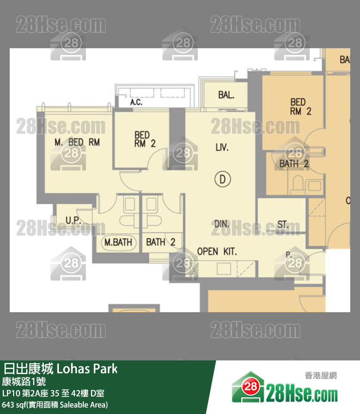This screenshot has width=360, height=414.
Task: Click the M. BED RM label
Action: (x=77, y=142)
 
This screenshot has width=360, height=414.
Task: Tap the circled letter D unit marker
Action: (x=222, y=180)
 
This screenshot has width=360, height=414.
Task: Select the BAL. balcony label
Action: (x=226, y=95)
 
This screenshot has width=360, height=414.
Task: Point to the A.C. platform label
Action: (x=136, y=102)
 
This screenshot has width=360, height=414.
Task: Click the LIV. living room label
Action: (x=222, y=147)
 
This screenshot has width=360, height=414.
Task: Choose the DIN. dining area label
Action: (x=221, y=224)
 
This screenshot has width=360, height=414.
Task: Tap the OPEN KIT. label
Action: (x=217, y=252)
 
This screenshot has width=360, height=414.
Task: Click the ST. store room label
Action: (x=283, y=225)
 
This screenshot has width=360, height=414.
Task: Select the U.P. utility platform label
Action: (x=73, y=220)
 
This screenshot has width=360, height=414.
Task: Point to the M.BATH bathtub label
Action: (x=118, y=242)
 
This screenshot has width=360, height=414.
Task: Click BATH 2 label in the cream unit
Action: (x=161, y=242)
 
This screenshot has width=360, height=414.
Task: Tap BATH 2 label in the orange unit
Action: (x=294, y=164)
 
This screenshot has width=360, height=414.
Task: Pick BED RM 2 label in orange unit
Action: (x=300, y=107)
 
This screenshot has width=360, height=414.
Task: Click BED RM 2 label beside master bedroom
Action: (x=145, y=139)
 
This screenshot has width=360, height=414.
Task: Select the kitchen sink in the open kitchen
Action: (x=224, y=269)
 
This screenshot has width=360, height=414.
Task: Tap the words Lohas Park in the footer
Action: (x=87, y=369)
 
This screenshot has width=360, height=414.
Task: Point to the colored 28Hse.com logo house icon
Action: (x=248, y=387)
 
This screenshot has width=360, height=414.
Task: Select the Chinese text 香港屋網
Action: (x=321, y=376)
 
